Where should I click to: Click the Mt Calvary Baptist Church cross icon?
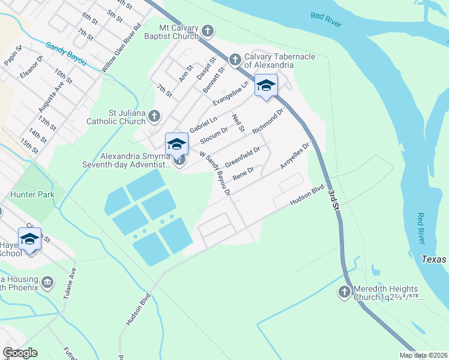click(208, 31)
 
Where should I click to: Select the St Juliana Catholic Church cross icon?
click(155, 116)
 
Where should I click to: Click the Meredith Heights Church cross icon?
click(344, 292)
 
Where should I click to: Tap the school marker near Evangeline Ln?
click(266, 86)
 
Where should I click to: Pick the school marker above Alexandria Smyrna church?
click(176, 144)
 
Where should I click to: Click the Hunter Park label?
click(32, 194)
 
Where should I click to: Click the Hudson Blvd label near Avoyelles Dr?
click(306, 195)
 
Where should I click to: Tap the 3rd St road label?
click(334, 200)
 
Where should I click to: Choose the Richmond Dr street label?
click(268, 121)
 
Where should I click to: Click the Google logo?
click(20, 353)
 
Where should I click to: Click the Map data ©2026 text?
click(423, 355)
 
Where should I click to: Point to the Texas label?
click(435, 259)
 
